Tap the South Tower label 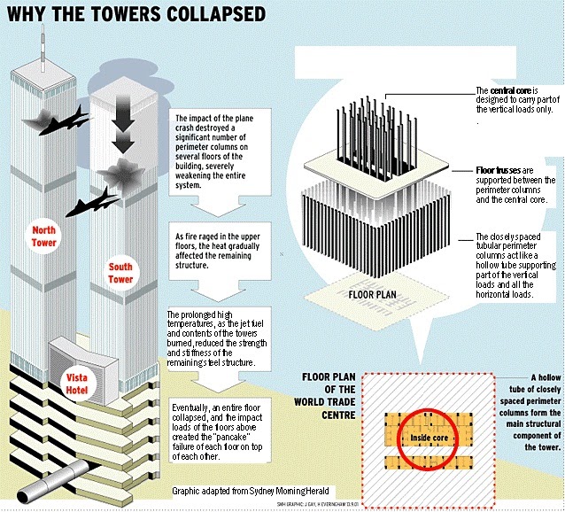(120, 273)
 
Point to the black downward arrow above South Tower (124, 120)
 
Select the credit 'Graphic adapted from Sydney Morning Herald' (249, 490)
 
